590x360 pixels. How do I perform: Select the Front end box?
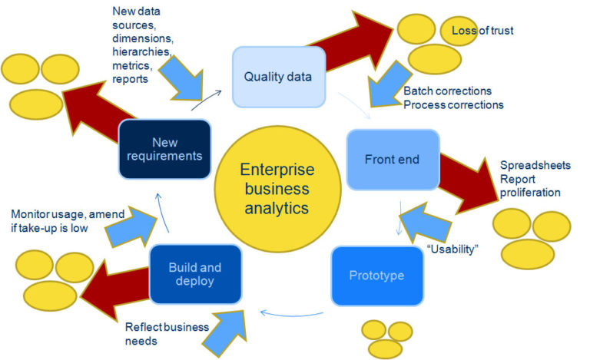pyautogui.click(x=393, y=160)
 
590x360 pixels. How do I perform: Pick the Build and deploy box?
pyautogui.click(x=194, y=274)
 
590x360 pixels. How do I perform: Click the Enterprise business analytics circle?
pyautogui.click(x=273, y=188)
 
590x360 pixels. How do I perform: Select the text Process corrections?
pyautogui.click(x=453, y=104)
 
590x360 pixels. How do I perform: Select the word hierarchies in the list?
pyautogui.click(x=141, y=51)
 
